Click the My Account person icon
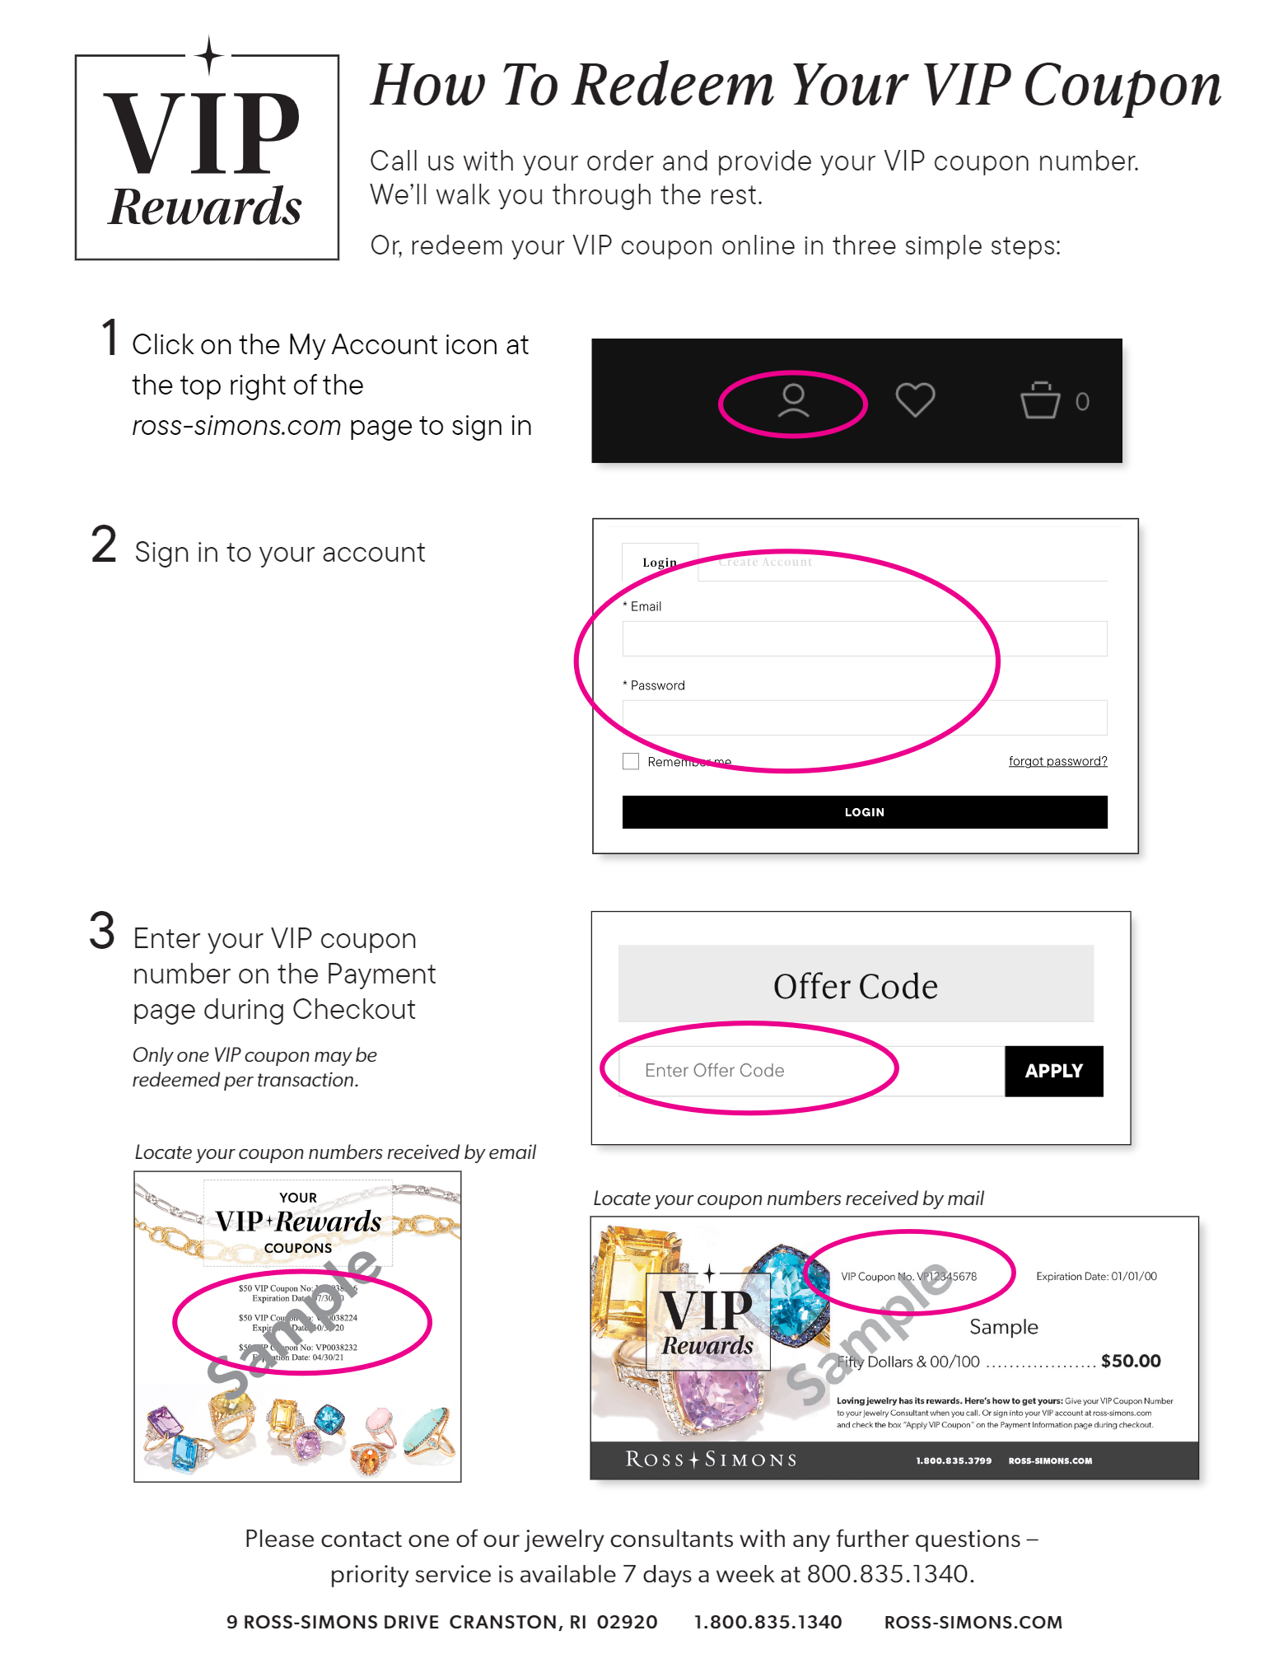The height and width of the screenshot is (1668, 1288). coord(793,401)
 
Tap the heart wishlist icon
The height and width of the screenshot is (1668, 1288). coord(915,400)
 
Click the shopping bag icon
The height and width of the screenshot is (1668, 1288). coord(1040,400)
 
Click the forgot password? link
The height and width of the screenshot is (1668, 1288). coord(1057,761)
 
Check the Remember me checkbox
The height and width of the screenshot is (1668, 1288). coord(631,761)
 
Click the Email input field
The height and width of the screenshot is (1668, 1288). coord(864,638)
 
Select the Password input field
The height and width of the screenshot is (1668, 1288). coord(864,717)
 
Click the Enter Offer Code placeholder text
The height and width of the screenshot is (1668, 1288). coord(714,1070)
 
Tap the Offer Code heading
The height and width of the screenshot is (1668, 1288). coord(855,986)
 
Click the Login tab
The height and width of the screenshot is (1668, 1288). coord(660,563)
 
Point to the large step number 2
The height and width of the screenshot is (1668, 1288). coord(104,545)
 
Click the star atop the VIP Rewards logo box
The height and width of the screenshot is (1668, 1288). coord(209,56)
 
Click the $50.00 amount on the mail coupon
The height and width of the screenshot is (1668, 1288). coord(1130,1362)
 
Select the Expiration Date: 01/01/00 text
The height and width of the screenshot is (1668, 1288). coord(1095,1276)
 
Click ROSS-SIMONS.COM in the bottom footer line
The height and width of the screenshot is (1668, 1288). coord(973,1622)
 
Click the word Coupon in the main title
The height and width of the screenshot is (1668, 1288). coord(1122,86)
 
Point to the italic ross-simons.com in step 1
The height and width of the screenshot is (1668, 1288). coord(236,426)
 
